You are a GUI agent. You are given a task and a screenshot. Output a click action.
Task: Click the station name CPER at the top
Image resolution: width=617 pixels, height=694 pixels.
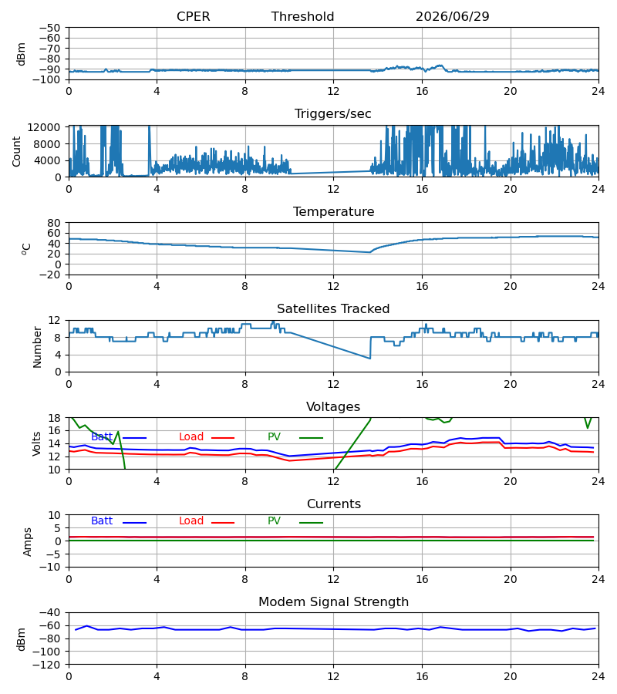[194, 16]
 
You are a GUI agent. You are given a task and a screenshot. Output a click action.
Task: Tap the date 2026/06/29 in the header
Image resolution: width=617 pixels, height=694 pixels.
[453, 16]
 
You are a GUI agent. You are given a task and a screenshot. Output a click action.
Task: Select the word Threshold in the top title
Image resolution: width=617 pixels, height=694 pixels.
[303, 16]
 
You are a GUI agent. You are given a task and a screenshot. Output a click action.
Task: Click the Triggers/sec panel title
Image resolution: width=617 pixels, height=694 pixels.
[333, 114]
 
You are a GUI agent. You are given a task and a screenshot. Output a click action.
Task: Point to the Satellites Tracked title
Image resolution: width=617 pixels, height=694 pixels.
[333, 309]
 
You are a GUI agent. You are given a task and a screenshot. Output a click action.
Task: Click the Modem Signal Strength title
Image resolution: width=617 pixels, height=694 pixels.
[333, 602]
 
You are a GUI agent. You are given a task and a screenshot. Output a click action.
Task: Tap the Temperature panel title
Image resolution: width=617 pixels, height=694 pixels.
[333, 211]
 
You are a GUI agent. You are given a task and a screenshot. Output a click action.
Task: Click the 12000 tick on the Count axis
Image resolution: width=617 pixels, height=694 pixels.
[44, 127]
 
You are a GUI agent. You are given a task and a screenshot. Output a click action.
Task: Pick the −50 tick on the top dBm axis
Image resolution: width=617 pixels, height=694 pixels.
[49, 28]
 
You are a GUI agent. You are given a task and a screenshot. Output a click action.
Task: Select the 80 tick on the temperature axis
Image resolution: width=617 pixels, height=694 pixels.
[55, 223]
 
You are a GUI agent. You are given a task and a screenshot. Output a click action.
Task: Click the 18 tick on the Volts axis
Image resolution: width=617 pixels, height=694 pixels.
[55, 418]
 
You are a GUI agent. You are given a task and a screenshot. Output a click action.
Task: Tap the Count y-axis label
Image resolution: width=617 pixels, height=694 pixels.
[16, 151]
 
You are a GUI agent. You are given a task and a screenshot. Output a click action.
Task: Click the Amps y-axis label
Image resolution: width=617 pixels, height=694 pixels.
[28, 541]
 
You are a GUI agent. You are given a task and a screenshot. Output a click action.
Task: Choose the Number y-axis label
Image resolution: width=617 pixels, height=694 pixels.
[37, 347]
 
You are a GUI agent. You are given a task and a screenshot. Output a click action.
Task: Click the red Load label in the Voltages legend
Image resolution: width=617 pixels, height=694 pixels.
[191, 437]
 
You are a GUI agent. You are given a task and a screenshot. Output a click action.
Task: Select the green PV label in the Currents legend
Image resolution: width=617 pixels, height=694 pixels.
[274, 521]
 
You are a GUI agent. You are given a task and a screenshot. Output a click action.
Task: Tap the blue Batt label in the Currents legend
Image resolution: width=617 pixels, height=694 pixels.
[102, 521]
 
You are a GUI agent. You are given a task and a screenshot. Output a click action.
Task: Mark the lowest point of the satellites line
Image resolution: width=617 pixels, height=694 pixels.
[370, 359]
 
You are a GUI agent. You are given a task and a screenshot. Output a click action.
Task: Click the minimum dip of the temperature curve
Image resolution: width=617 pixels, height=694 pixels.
[369, 252]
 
